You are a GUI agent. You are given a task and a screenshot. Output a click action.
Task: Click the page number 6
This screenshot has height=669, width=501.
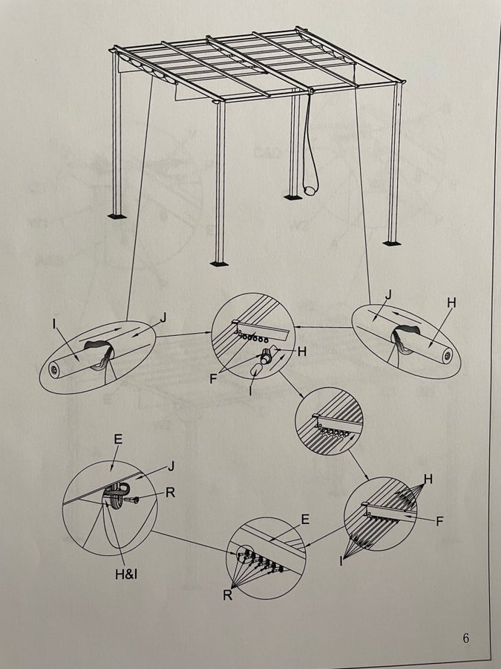(x=465, y=639)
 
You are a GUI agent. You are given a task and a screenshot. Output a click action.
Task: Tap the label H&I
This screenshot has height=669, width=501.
(x=126, y=575)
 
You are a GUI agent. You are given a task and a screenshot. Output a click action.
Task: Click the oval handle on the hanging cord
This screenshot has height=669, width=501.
(x=310, y=188)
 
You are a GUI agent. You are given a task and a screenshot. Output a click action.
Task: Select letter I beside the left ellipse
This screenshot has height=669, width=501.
(x=54, y=324)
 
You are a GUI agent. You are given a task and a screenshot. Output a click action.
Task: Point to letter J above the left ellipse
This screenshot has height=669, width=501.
(x=163, y=317)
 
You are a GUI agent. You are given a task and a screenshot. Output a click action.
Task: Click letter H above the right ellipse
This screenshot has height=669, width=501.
(x=451, y=303)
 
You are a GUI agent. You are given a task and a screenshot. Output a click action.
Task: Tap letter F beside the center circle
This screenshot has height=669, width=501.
(x=214, y=378)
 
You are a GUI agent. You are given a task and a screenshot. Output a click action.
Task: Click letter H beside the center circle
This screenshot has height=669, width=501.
(x=301, y=352)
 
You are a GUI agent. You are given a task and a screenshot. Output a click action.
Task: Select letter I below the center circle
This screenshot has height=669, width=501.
(x=251, y=391)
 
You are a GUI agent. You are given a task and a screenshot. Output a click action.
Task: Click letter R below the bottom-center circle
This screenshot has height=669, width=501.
(x=228, y=595)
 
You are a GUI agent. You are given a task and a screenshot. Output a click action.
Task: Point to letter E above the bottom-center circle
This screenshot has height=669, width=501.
(x=305, y=520)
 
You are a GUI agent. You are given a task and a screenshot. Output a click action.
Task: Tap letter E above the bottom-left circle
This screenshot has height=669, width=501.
(x=118, y=439)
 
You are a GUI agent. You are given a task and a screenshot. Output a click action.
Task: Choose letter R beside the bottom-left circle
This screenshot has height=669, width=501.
(x=170, y=492)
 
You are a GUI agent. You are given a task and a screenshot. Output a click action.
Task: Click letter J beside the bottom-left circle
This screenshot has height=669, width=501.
(x=171, y=467)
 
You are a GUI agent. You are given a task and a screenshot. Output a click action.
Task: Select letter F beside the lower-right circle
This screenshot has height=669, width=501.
(x=440, y=521)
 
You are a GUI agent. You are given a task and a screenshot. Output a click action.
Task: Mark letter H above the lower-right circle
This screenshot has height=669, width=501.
(x=428, y=479)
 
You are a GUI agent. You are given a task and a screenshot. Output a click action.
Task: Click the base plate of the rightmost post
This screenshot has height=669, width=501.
(x=391, y=243)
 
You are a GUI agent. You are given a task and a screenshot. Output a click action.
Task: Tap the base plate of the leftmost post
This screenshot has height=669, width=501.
(x=117, y=216)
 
